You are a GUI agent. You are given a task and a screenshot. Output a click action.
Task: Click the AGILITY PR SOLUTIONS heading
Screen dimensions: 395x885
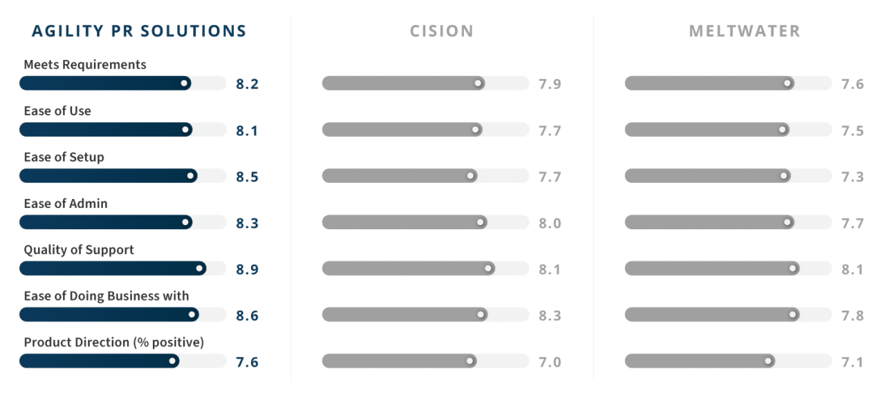(x=139, y=31)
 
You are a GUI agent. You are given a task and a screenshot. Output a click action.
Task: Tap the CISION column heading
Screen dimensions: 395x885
(x=442, y=31)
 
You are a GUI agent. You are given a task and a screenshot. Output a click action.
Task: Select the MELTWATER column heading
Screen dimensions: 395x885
(x=745, y=31)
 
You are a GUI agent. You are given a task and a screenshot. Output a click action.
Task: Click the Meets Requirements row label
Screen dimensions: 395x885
(x=85, y=64)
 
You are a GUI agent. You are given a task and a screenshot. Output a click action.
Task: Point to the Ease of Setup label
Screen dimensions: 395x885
(x=64, y=157)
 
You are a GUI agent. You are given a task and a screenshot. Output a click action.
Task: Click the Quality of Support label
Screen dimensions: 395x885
(x=79, y=249)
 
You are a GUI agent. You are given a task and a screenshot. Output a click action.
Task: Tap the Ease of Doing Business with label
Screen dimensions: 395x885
(x=106, y=296)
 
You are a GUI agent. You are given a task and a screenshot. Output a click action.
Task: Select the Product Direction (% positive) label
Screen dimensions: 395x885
(x=114, y=342)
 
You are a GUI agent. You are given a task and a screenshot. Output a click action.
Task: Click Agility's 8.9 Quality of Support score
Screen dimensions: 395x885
(x=247, y=269)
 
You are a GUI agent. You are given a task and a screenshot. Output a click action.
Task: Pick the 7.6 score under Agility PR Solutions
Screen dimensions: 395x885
(x=247, y=362)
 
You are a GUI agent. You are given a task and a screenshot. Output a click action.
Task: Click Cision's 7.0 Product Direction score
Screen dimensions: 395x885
(x=550, y=362)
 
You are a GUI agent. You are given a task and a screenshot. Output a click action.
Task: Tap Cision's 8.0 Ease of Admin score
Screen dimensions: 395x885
(x=550, y=223)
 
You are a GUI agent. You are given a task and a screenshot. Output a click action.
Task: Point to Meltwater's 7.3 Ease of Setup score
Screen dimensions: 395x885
(x=853, y=177)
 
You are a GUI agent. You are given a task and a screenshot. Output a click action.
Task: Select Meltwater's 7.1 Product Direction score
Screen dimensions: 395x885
(x=853, y=362)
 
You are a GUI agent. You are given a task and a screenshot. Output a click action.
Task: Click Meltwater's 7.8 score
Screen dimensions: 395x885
(x=853, y=316)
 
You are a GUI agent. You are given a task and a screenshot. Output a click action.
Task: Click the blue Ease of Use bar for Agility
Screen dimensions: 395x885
(x=104, y=129)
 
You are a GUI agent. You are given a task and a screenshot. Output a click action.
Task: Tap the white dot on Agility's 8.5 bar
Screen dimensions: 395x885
(x=191, y=175)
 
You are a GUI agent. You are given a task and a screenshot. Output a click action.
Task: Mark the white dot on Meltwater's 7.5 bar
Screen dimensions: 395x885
(x=783, y=129)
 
